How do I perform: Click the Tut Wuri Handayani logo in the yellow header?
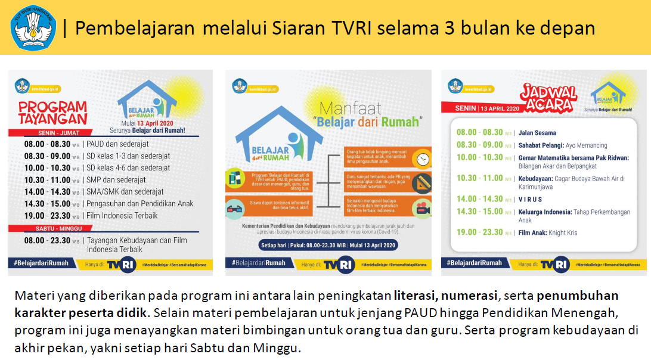pyautogui.click(x=33, y=27)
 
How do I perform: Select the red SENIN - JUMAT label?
pyautogui.click(x=51, y=132)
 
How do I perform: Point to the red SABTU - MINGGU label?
pyautogui.click(x=51, y=228)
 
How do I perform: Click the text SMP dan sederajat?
pyautogui.click(x=116, y=179)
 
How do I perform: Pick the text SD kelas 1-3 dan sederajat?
pyautogui.click(x=128, y=156)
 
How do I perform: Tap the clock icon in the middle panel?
pyautogui.click(x=423, y=159)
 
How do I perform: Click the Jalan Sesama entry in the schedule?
pyautogui.click(x=537, y=133)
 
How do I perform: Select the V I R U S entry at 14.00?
pyautogui.click(x=530, y=199)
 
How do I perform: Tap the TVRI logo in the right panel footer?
pyautogui.click(x=554, y=263)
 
